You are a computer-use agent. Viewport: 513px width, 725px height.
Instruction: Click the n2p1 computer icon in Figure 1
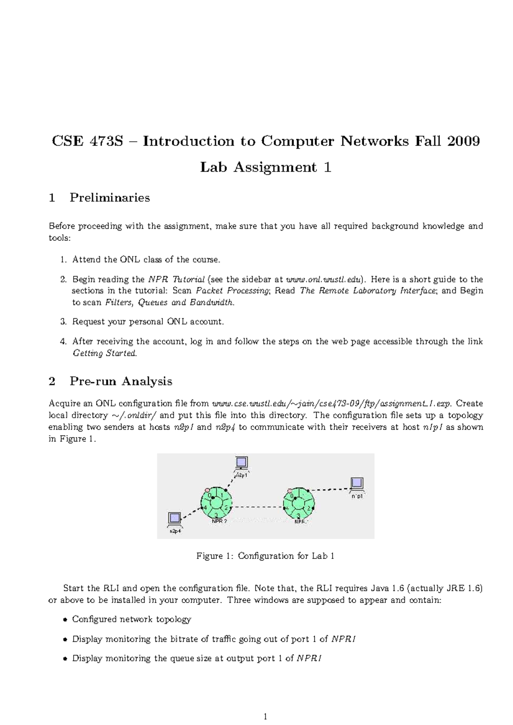tap(242, 462)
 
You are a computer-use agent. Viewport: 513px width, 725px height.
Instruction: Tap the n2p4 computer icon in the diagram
tap(174, 518)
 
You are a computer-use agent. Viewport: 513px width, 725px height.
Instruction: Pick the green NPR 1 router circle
tap(299, 504)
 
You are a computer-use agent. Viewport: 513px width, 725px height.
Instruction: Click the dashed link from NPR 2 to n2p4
tap(191, 514)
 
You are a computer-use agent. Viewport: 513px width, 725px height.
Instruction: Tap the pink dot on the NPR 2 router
tap(207, 489)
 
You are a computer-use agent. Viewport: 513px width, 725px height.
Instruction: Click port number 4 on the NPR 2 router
tap(205, 507)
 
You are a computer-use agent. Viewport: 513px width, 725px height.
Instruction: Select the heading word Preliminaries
tap(110, 198)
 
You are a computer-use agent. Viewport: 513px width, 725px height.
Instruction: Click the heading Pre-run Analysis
tap(121, 381)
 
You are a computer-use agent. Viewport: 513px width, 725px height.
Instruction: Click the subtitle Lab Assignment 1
tap(265, 167)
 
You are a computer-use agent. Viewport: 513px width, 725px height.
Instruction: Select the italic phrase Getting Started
tap(105, 354)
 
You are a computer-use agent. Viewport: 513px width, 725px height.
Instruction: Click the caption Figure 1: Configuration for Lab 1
tap(265, 556)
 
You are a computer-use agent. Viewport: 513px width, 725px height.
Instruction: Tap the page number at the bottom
tap(265, 717)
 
